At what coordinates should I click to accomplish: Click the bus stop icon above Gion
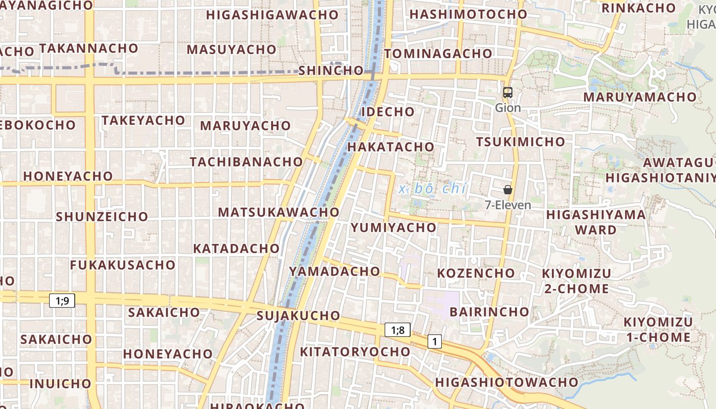[x=507, y=93]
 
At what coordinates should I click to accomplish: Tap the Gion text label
[x=508, y=108]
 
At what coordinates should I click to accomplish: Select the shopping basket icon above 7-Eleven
[x=507, y=190]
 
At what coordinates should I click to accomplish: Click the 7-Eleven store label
[x=508, y=205]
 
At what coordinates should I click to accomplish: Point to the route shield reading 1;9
[x=62, y=301]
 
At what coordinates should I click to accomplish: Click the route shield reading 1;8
[x=397, y=330]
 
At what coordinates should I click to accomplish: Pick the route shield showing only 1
[x=434, y=341]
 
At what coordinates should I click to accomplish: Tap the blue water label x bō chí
[x=433, y=189]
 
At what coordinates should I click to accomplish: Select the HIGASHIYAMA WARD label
[x=596, y=222]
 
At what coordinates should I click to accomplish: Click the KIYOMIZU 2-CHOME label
[x=576, y=281]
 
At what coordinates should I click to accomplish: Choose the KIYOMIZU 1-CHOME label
[x=658, y=330]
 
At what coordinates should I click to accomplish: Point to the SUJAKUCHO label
[x=298, y=315]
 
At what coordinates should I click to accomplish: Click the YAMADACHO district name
[x=334, y=271]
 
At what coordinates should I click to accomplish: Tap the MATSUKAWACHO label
[x=279, y=212]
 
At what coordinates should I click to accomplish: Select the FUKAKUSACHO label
[x=123, y=265]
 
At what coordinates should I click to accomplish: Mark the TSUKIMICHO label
[x=521, y=142]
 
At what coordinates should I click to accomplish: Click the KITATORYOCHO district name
[x=355, y=352]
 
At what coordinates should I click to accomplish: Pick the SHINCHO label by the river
[x=330, y=71]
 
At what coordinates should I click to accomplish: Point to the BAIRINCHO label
[x=489, y=311]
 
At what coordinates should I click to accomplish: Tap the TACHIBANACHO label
[x=247, y=162]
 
